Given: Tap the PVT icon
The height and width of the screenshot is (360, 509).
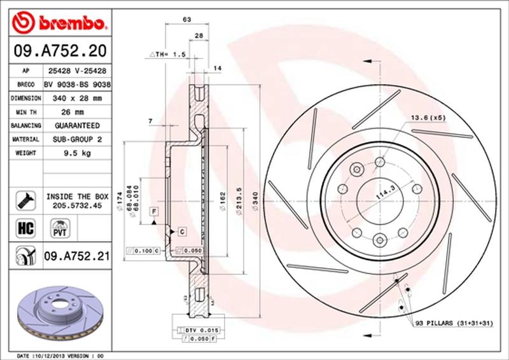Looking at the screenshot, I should [x=59, y=226].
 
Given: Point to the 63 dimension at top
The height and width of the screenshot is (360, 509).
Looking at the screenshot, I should [x=187, y=20].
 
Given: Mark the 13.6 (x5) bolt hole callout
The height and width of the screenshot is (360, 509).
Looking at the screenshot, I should [x=427, y=118].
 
